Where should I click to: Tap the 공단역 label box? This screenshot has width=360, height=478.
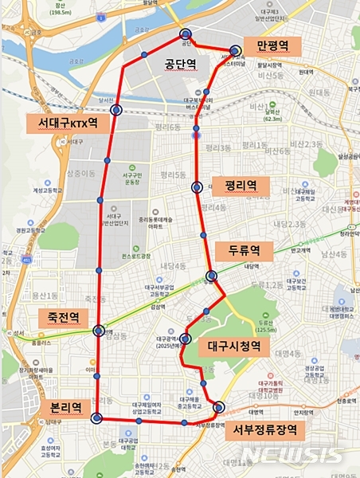179,63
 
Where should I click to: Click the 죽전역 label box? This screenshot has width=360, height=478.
63,316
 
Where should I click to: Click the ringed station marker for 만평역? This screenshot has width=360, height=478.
236,49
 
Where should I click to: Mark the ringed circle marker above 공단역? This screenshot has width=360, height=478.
186,34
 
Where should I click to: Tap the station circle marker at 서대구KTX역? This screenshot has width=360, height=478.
117,111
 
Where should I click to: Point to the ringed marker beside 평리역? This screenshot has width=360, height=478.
197,187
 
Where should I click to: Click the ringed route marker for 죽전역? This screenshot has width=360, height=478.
99,331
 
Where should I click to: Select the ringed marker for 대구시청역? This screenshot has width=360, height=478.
186,339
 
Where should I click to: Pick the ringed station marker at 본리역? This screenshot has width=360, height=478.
96,418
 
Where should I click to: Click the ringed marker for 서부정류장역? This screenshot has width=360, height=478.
219,407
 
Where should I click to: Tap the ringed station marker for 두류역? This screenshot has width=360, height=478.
210,275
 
